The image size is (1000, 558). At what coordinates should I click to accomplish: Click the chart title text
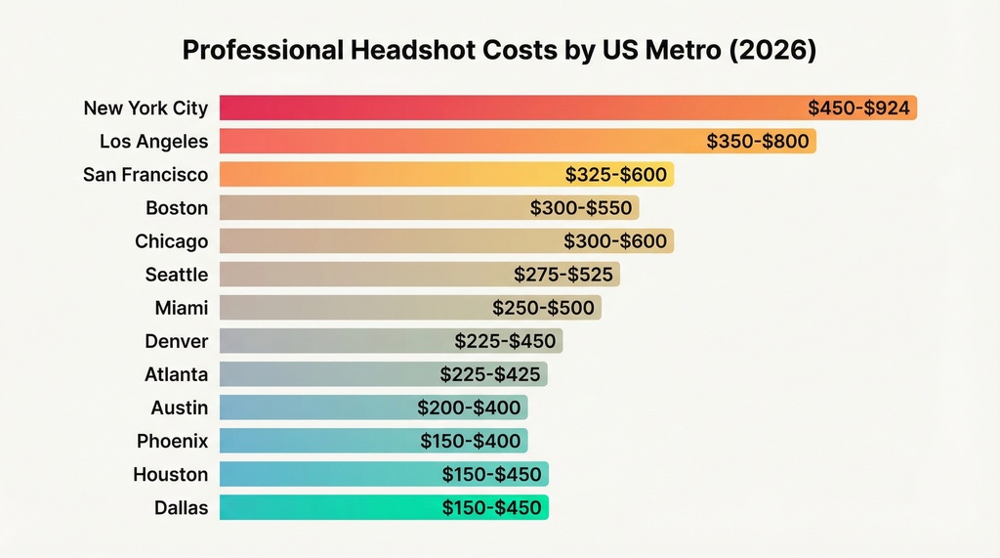click(x=499, y=52)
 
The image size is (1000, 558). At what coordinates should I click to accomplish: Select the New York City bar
click(x=566, y=108)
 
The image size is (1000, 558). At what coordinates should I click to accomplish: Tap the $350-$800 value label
click(x=758, y=142)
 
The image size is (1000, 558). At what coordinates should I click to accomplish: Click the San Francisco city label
click(x=146, y=175)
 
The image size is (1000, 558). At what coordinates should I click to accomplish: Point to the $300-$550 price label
click(x=581, y=208)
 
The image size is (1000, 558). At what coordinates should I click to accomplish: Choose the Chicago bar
click(x=446, y=241)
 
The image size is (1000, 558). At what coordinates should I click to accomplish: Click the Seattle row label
click(x=177, y=275)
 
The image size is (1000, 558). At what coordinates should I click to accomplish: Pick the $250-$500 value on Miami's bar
click(x=543, y=308)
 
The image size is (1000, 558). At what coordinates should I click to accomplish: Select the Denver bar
click(x=391, y=341)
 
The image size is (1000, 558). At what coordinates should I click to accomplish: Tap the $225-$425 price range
click(x=490, y=374)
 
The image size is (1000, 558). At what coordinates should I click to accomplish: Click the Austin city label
click(x=180, y=408)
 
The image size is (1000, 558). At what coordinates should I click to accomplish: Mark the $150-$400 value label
click(x=471, y=441)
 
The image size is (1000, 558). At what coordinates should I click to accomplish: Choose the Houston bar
click(x=384, y=474)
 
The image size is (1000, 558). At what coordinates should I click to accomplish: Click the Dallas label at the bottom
click(x=181, y=507)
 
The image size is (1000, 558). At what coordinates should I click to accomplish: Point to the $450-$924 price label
click(x=859, y=108)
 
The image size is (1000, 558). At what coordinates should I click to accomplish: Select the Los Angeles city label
click(x=154, y=142)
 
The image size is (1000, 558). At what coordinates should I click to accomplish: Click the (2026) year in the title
click(x=776, y=52)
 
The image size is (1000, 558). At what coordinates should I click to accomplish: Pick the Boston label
click(x=177, y=208)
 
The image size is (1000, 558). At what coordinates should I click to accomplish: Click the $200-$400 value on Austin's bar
click(x=469, y=408)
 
